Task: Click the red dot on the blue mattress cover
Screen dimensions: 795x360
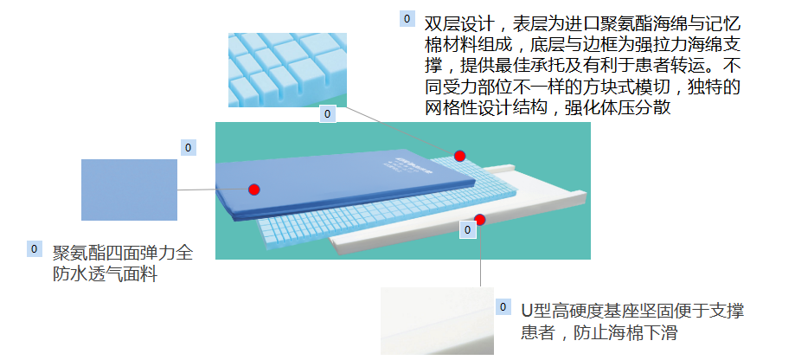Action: coord(254,190)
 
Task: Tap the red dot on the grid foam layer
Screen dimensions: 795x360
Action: coord(459,156)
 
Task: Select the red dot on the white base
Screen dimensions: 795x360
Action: coord(479,220)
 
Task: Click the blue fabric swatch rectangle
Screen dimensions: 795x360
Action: coord(129,190)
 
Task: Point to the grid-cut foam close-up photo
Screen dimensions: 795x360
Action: coord(287,70)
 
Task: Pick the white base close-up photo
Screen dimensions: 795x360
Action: coord(437,321)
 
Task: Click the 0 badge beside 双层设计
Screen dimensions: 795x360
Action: coord(407,19)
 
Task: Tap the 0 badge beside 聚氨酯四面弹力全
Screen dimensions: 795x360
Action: coord(35,249)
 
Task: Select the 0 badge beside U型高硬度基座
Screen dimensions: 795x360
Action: coord(503,306)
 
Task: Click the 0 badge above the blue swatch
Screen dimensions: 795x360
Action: coord(188,148)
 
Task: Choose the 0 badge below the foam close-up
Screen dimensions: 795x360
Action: coord(327,114)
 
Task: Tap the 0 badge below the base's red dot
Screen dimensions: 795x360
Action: coord(467,229)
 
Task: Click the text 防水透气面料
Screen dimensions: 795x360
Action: coord(105,274)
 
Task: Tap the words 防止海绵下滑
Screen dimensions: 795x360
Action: coord(625,332)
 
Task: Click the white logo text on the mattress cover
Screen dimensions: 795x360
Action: coord(406,167)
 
